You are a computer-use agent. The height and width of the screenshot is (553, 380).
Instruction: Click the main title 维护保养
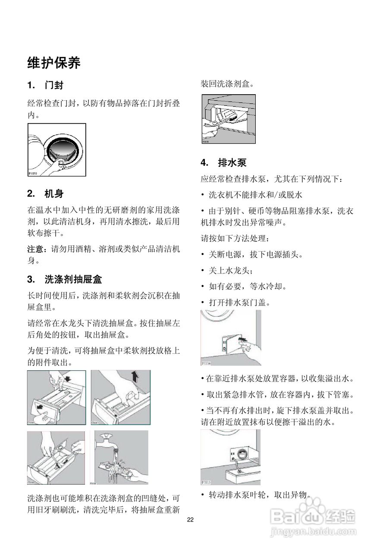(x=54, y=63)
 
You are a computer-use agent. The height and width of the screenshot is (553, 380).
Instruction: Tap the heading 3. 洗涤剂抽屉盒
(x=65, y=279)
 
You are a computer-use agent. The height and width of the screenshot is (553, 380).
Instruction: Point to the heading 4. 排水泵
(x=223, y=163)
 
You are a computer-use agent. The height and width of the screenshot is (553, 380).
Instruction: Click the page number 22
(x=190, y=520)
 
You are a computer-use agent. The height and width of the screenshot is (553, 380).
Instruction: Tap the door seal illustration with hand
(x=57, y=150)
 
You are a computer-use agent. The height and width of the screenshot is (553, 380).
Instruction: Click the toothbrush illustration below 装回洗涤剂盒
(x=228, y=119)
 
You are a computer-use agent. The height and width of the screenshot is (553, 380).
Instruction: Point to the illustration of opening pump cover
(x=231, y=337)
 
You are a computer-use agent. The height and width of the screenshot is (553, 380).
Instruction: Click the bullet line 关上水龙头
(x=231, y=270)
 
